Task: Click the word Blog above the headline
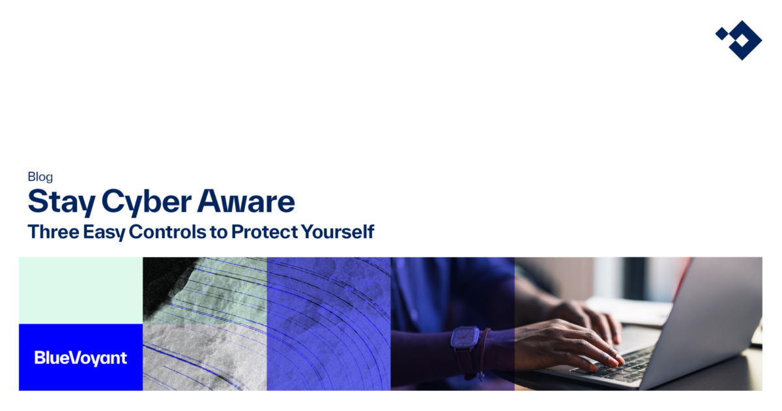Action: click(x=40, y=176)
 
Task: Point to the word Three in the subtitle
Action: click(x=50, y=232)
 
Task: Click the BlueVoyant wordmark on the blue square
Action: click(x=81, y=358)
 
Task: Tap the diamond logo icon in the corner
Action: click(x=738, y=40)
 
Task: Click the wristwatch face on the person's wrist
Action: click(x=465, y=339)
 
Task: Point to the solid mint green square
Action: click(x=81, y=290)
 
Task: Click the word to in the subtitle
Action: click(x=218, y=232)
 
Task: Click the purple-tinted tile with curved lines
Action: click(x=328, y=324)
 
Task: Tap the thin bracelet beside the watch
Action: click(x=484, y=349)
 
